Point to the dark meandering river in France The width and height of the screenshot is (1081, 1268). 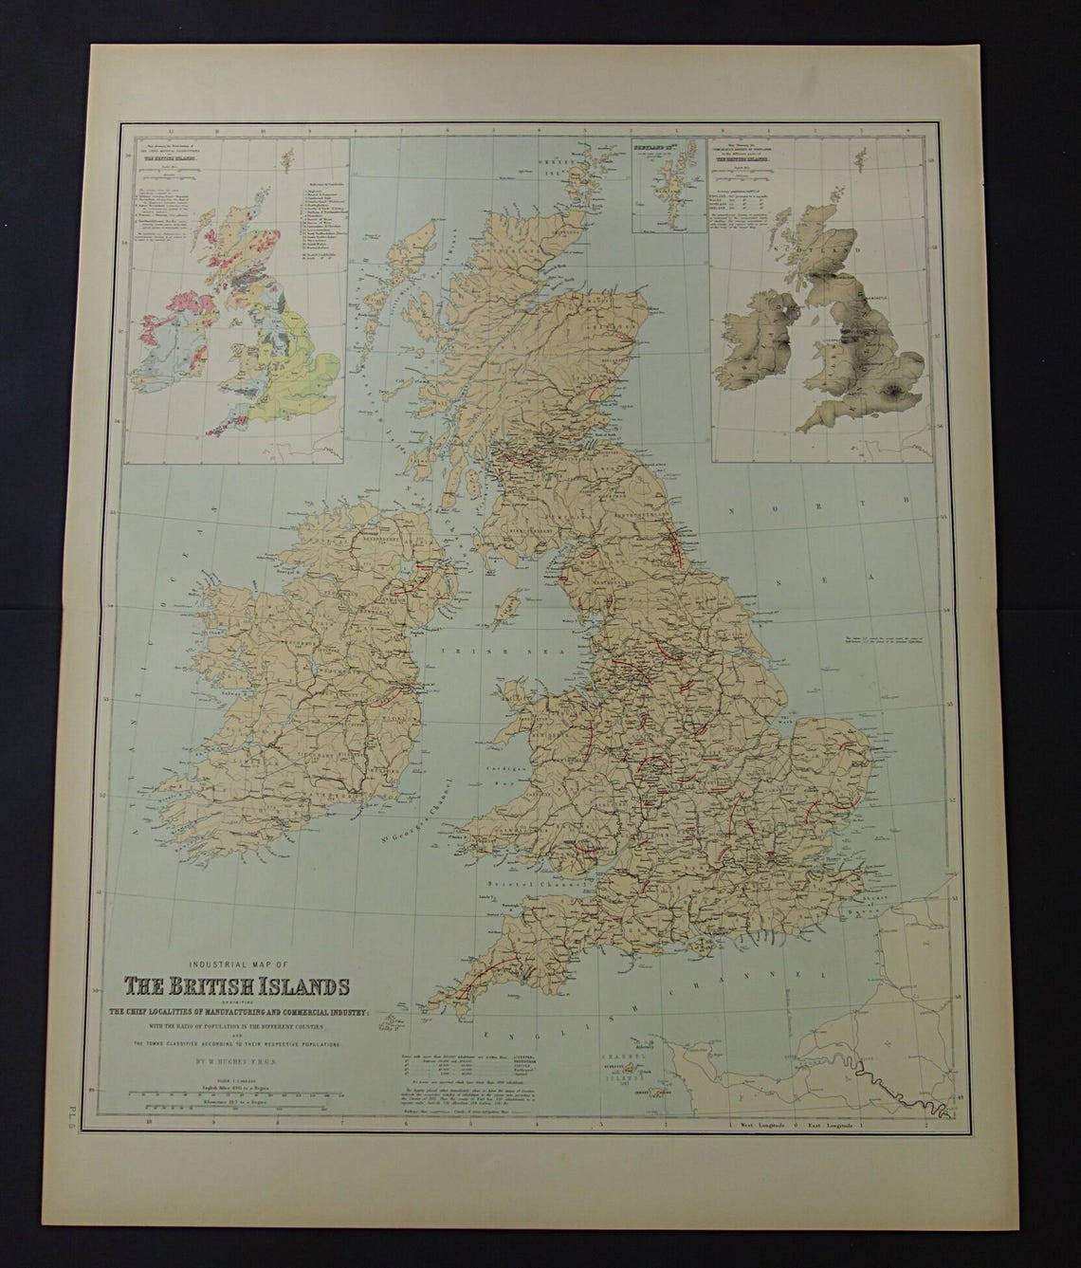tap(891, 1081)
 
